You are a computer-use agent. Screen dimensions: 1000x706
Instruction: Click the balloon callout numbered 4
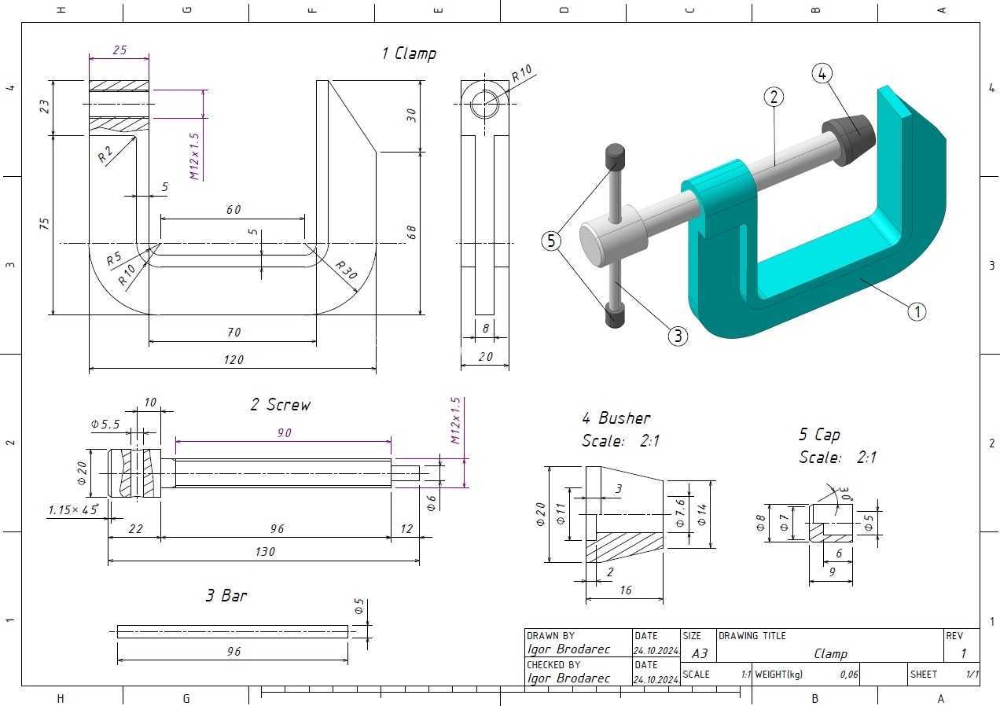[822, 73]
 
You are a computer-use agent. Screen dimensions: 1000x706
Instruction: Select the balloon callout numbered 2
[774, 97]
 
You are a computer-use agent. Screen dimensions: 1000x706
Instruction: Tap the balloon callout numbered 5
[551, 241]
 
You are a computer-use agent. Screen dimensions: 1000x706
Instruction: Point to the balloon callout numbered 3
[678, 336]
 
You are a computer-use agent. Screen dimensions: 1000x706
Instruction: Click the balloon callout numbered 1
[917, 311]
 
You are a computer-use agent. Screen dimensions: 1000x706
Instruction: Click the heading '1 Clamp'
[409, 53]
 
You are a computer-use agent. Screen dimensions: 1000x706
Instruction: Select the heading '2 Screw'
[281, 405]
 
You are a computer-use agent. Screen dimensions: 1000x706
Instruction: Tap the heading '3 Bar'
[226, 595]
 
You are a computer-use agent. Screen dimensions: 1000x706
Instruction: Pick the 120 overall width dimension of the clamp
[233, 359]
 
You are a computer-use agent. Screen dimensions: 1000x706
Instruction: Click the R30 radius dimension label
[347, 270]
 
